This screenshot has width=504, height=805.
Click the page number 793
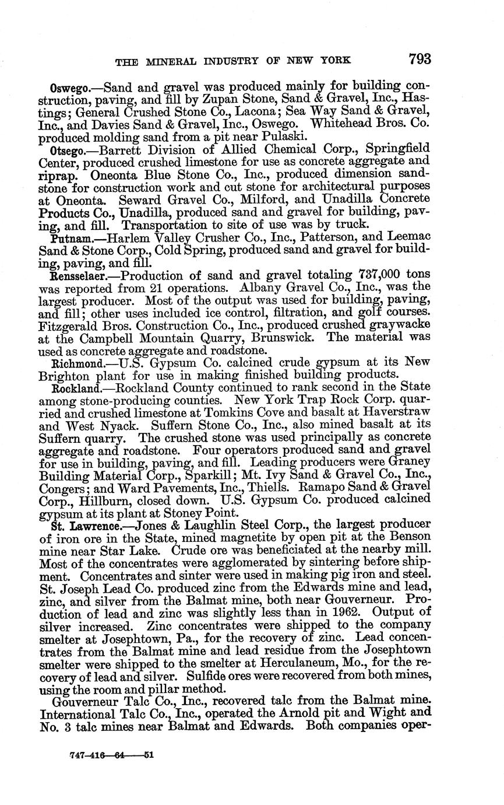(420, 58)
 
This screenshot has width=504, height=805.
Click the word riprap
(62, 175)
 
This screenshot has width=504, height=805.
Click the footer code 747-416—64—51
(111, 755)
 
